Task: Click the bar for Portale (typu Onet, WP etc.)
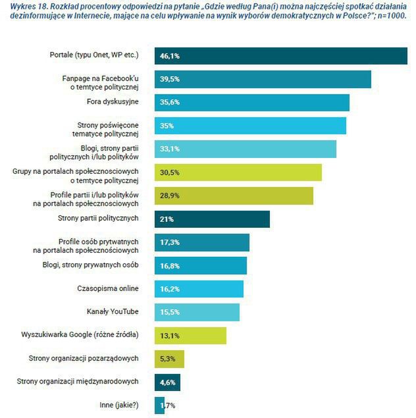pos(280,56)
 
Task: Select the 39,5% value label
pos(170,79)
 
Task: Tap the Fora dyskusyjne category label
pos(113,103)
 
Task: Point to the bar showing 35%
pos(250,126)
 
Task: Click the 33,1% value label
pos(170,149)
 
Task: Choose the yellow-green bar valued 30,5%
pos(238,172)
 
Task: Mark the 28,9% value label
pos(170,196)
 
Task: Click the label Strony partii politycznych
pos(98,218)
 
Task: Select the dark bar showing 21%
pos(212,219)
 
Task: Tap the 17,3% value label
pos(170,242)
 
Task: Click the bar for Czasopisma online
pos(199,289)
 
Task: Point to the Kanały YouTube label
pos(113,311)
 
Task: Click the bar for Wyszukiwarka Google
pos(190,335)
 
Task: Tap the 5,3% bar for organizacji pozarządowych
pos(169,358)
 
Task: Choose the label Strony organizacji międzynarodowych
pos(78,381)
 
